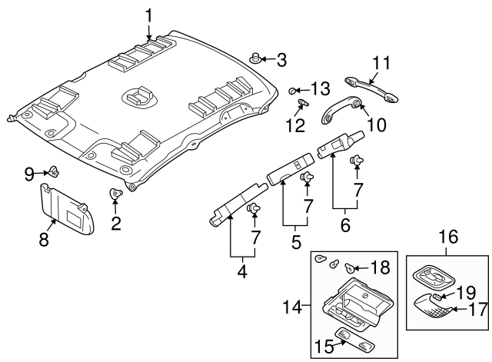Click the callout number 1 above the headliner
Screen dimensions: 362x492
tap(149, 14)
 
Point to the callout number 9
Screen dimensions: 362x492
tap(29, 174)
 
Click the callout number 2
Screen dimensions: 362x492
tap(116, 224)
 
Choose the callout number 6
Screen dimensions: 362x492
tap(345, 225)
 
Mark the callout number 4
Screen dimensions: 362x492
tap(242, 271)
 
